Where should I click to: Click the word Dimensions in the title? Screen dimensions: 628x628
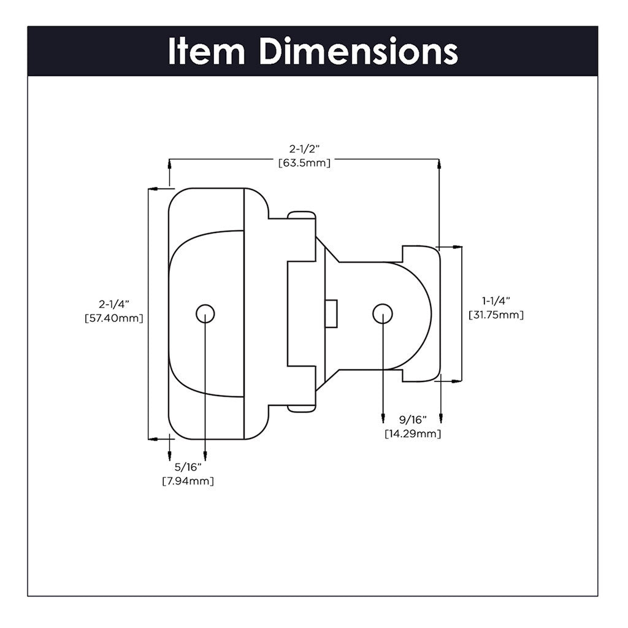click(x=358, y=52)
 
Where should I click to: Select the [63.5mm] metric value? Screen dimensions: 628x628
click(x=304, y=163)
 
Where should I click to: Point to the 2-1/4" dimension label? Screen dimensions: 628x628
click(x=115, y=305)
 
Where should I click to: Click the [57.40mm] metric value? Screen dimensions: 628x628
click(x=115, y=318)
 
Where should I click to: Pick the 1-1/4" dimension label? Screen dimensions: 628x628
click(x=496, y=301)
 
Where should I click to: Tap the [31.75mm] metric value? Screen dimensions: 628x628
click(x=496, y=315)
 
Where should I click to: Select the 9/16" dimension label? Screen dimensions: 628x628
click(x=412, y=420)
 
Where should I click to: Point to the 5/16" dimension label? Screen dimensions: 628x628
click(x=188, y=467)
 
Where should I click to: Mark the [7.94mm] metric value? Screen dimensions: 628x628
click(x=188, y=481)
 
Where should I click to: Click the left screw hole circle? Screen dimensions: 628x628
click(x=205, y=313)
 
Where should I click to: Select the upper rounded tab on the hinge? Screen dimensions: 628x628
click(x=302, y=215)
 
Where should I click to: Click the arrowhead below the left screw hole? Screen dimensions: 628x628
click(x=205, y=457)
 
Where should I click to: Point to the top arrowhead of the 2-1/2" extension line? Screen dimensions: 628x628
click(x=439, y=163)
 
